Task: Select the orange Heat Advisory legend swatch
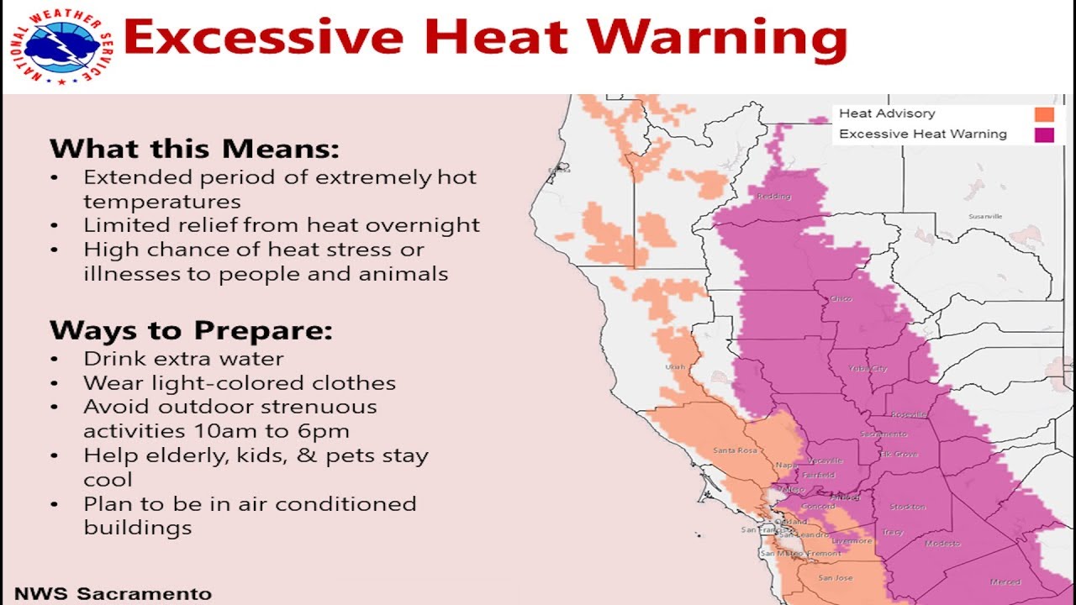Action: tap(1044, 114)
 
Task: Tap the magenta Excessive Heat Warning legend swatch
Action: tap(1044, 134)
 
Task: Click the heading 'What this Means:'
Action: tap(194, 150)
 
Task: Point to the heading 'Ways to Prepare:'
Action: tap(191, 330)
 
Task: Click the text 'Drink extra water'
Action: tap(183, 359)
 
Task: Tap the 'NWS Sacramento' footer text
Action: tap(113, 593)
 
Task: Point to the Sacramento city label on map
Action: tap(883, 434)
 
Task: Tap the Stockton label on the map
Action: tap(907, 507)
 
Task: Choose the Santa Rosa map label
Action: tap(735, 450)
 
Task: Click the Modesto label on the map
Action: tap(941, 544)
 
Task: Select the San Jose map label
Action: tap(836, 578)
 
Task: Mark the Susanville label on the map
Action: tap(986, 216)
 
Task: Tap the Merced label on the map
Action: tap(1005, 581)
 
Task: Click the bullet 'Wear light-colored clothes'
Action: tap(240, 383)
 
